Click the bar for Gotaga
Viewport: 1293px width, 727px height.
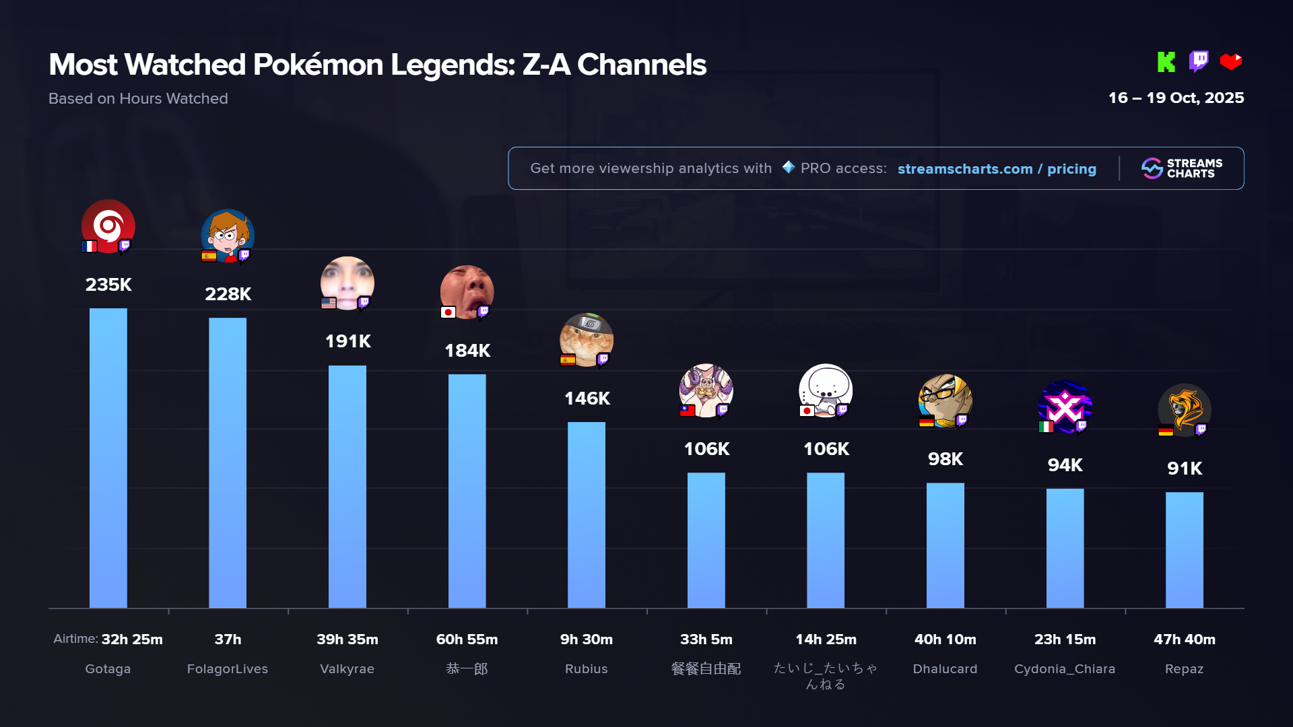tap(108, 458)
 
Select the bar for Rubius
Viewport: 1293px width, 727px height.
tap(586, 515)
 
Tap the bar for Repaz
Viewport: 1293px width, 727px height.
tap(1184, 549)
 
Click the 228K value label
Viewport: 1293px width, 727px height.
tap(228, 294)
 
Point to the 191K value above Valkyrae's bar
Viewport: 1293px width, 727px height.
tap(347, 341)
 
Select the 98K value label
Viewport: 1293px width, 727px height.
tap(945, 459)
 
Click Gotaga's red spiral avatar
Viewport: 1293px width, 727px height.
tap(108, 226)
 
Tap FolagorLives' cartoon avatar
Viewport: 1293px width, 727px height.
tap(228, 235)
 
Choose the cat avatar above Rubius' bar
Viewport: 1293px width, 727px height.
tap(586, 339)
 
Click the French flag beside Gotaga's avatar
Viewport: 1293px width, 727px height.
tap(90, 246)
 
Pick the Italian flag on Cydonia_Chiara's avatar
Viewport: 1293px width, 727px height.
tap(1046, 427)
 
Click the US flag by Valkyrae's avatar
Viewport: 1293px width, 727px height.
tap(329, 303)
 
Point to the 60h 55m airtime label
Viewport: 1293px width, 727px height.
tap(467, 639)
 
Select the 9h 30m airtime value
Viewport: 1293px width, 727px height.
tap(586, 639)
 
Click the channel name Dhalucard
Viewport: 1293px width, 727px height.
tap(945, 669)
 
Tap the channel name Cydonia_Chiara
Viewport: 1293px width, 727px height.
tap(1065, 669)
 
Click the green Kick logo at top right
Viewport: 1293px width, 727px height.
tap(1166, 62)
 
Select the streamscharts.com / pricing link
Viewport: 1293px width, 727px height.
tap(997, 169)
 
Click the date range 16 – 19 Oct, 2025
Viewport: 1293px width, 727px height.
tap(1176, 98)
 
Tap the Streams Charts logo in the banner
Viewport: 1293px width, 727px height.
tap(1182, 168)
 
